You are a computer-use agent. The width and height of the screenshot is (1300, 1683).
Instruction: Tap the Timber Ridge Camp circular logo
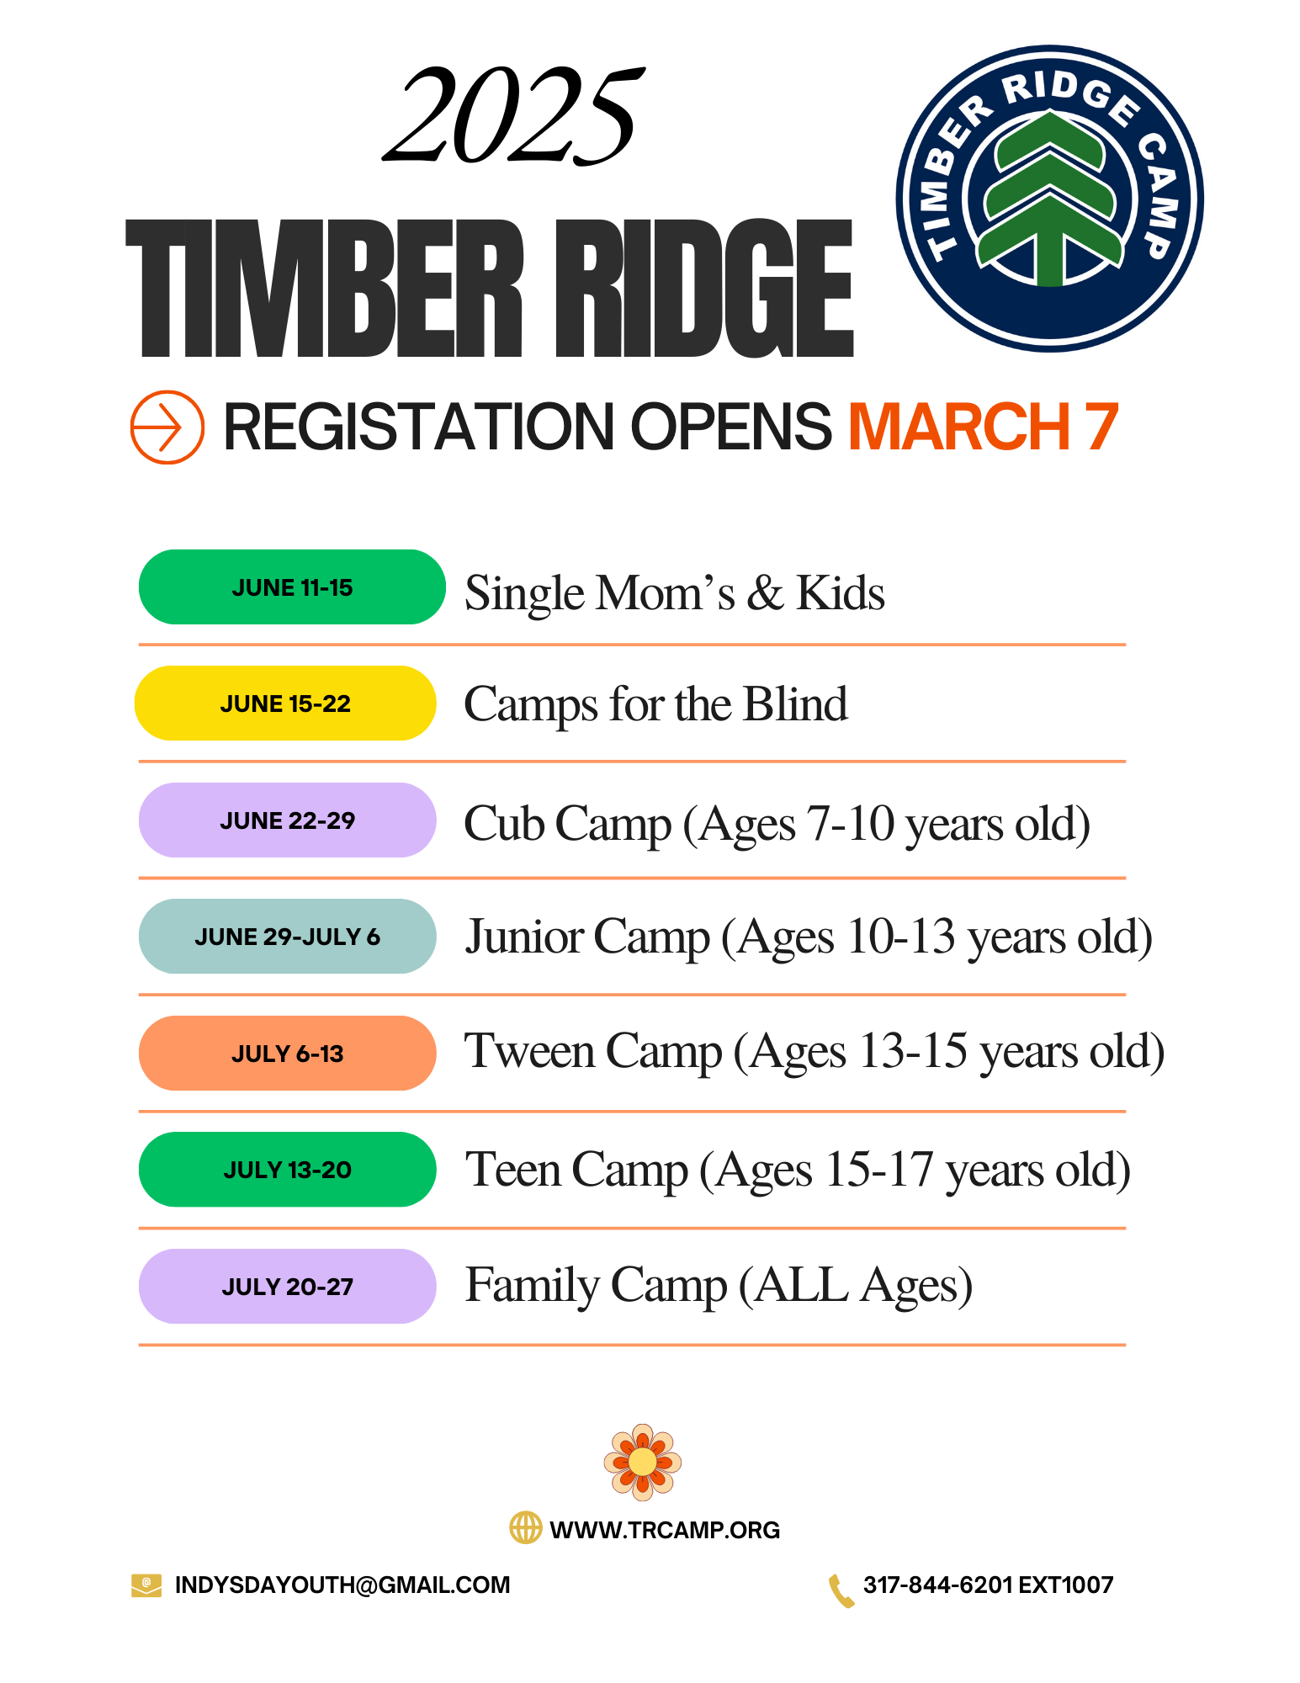point(1049,199)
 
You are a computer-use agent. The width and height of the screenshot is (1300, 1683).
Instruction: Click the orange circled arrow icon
point(167,427)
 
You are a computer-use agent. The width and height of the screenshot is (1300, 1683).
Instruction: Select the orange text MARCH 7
point(983,427)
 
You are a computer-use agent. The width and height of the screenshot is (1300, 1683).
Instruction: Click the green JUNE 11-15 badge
point(291,587)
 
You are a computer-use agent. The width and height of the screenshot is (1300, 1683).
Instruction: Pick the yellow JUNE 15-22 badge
point(285,703)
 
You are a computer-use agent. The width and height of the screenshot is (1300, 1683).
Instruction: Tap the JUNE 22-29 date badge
point(287,820)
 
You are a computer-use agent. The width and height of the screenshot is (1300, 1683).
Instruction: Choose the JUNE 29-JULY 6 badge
point(287,937)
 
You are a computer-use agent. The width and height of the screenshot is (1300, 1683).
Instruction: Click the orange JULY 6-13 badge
point(287,1054)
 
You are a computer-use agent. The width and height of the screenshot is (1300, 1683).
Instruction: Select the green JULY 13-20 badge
point(287,1170)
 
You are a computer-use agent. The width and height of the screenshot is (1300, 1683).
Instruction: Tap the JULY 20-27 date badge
point(287,1287)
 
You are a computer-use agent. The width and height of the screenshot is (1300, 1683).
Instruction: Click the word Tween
point(529,1052)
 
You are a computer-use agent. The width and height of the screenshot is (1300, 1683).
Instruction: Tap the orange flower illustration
point(642,1462)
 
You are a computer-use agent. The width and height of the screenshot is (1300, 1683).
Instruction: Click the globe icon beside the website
point(526,1527)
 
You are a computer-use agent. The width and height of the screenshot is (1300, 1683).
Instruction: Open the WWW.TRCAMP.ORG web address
point(665,1530)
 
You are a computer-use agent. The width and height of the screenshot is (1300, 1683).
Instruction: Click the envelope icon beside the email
point(146,1585)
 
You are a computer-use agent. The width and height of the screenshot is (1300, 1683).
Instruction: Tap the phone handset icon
point(841,1590)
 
